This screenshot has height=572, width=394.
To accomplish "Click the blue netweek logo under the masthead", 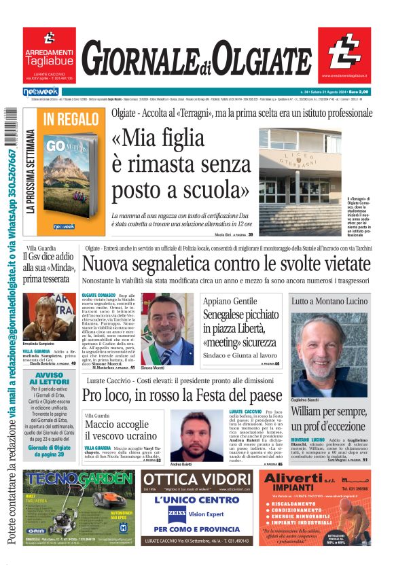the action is pyautogui.click(x=40, y=91).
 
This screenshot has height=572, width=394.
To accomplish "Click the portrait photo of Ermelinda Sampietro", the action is pyautogui.click(x=50, y=316).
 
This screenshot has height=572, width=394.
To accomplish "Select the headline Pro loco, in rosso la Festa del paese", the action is pyautogui.click(x=182, y=395).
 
